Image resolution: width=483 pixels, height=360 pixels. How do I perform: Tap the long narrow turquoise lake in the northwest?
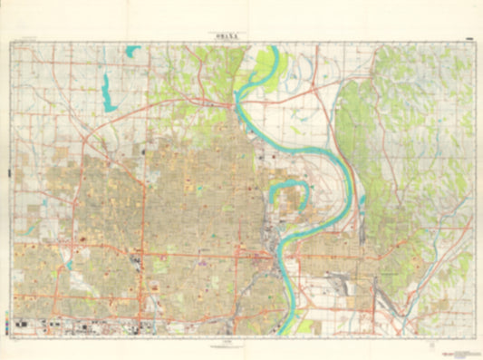[x=108, y=92]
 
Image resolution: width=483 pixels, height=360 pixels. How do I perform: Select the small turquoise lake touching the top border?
[x=133, y=51]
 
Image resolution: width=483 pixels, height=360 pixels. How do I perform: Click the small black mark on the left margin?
[x=7, y=172]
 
